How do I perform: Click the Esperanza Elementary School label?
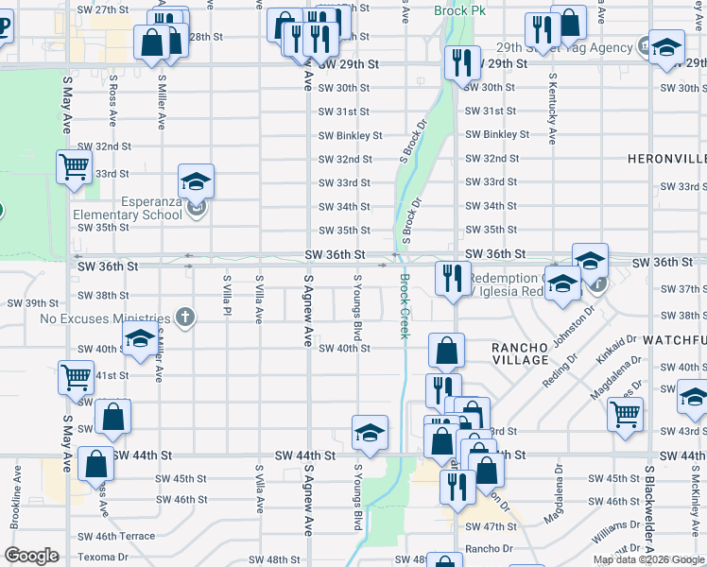[128, 208]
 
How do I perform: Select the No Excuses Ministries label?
[104, 318]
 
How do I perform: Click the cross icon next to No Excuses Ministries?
[185, 318]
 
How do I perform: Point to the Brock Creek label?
[405, 306]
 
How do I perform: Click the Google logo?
[31, 556]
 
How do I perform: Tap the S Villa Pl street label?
[227, 299]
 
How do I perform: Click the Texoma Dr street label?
[103, 558]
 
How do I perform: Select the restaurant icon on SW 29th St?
[460, 64]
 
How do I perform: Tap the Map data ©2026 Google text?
[648, 559]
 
